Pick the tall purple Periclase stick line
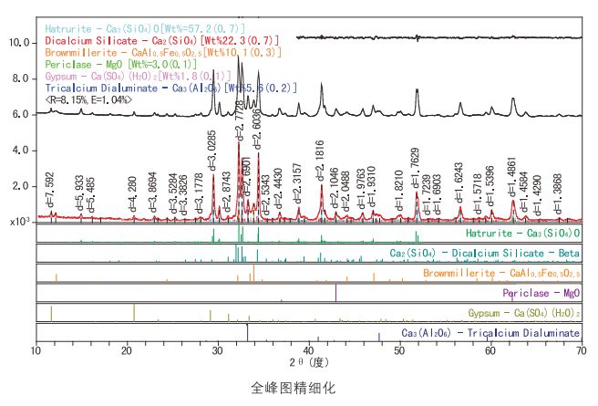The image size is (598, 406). pos(336,293)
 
